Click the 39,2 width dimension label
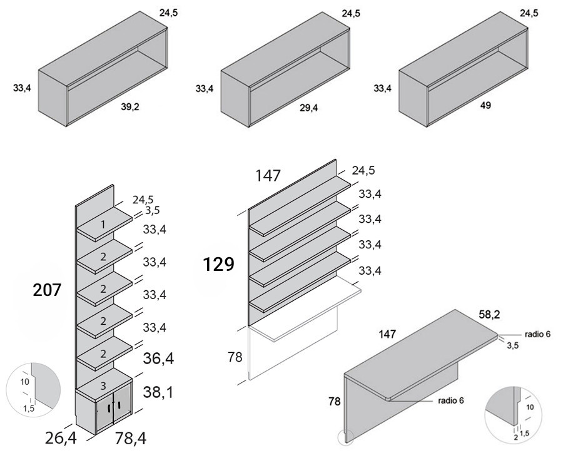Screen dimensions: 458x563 coord(130,107)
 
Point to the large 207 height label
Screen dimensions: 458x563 coord(48,290)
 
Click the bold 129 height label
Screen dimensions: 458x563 coord(218,265)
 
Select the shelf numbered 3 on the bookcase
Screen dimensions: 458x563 coord(104,384)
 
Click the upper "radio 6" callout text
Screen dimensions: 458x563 coord(537,334)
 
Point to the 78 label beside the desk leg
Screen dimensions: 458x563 coord(335,401)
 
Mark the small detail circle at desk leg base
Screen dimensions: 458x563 coord(346,437)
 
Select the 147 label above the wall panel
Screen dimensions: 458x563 coord(268,176)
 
